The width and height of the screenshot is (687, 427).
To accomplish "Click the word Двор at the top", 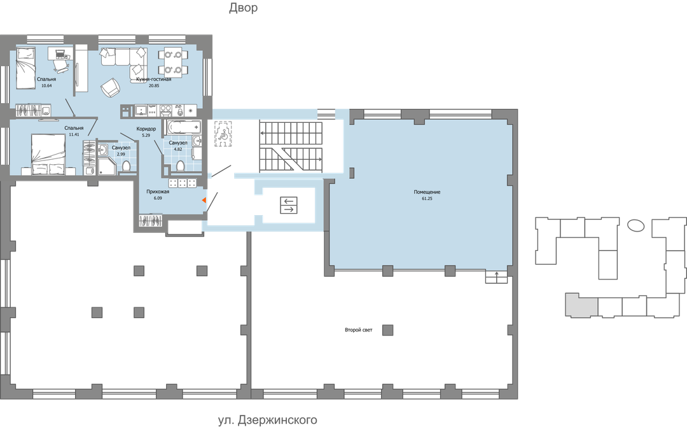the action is click(x=243, y=8).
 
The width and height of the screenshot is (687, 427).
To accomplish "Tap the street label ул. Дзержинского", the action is click(x=268, y=420).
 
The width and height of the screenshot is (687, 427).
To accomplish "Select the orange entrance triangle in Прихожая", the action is click(x=204, y=200).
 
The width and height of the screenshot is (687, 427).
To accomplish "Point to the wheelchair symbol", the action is click(x=223, y=133).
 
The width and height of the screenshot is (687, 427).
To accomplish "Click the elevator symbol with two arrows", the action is click(x=289, y=205).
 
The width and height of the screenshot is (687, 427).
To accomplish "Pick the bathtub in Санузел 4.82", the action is click(x=183, y=127).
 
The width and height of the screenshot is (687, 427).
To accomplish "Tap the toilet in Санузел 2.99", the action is click(x=126, y=166).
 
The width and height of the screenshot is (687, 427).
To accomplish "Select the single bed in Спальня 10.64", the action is click(x=26, y=68).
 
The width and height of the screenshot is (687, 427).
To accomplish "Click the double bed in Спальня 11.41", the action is click(x=48, y=154).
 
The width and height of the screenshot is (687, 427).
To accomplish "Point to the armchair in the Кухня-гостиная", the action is click(x=110, y=87).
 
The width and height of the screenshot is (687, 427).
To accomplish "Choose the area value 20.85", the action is click(x=154, y=85).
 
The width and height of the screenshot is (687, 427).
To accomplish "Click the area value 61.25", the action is click(x=427, y=198).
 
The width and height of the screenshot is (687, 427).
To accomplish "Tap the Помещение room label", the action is click(x=427, y=192).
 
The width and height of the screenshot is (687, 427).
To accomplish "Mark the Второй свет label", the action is click(x=358, y=330).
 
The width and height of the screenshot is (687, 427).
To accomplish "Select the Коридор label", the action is click(x=146, y=129).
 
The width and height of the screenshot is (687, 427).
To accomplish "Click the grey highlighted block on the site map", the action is click(x=581, y=304).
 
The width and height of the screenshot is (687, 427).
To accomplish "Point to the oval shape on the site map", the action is click(x=635, y=225).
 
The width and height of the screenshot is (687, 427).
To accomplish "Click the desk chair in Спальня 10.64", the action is click(x=61, y=66).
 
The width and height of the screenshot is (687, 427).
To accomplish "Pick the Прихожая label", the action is click(x=158, y=192).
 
